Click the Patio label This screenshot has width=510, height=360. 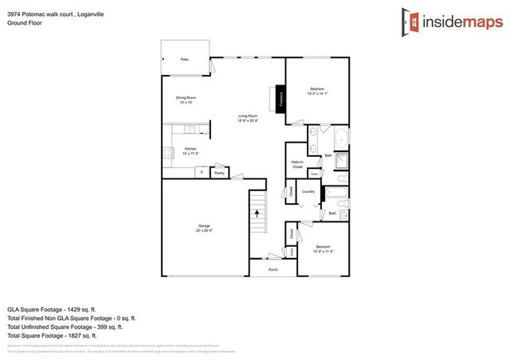[x=184, y=60]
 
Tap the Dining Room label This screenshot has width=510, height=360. [x=186, y=100]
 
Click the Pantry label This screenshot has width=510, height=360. [x=220, y=172]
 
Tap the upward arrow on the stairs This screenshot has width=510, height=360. [x=257, y=211]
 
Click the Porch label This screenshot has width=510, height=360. [x=273, y=270]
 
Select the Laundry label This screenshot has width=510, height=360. [x=308, y=191]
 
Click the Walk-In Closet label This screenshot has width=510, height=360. [x=297, y=164]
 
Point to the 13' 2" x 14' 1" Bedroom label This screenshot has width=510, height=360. [x=317, y=91]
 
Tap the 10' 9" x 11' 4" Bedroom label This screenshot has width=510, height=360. [x=323, y=248]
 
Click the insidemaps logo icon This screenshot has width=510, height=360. [x=407, y=21]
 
